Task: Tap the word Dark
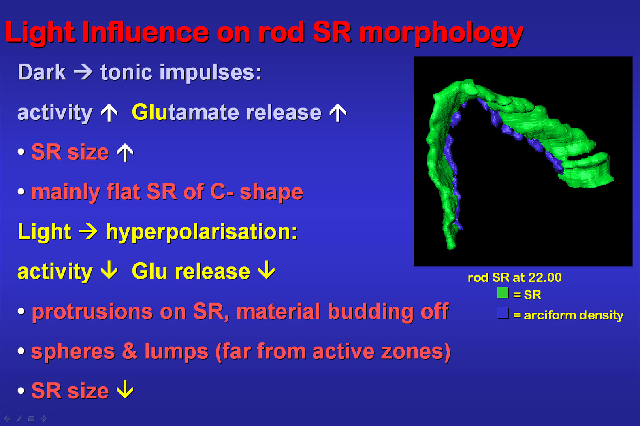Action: coord(42,72)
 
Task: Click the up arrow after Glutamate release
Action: coord(338,113)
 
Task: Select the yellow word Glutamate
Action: coord(185,112)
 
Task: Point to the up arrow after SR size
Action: coord(125,152)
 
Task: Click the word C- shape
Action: coord(256,192)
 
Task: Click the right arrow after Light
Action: coord(88,232)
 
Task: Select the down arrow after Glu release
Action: coord(266,270)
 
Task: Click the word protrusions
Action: coord(92,312)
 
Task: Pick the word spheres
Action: coord(73,351)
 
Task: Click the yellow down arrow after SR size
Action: coord(125,390)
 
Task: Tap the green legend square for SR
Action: coord(503,293)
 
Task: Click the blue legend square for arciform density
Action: coord(503,313)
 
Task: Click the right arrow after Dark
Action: coord(83,72)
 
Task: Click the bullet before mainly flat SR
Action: coord(21,192)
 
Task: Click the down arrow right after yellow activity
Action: coord(109,270)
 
